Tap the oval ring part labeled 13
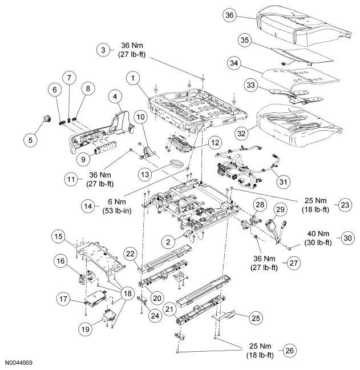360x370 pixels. coord(177,164)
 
